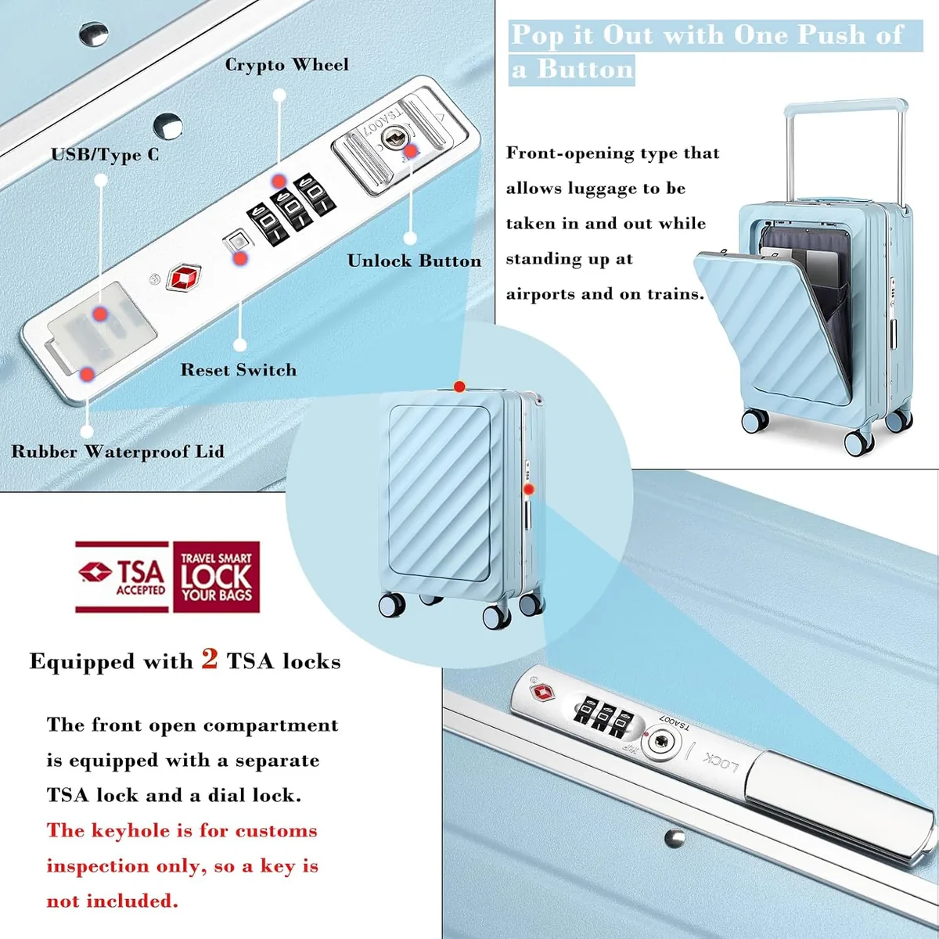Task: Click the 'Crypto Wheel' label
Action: click(286, 65)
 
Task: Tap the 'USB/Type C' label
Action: click(105, 155)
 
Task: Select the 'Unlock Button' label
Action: click(414, 261)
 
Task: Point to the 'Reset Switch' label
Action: click(239, 370)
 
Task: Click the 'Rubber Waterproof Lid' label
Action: click(117, 452)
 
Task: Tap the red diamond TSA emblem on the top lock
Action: click(184, 278)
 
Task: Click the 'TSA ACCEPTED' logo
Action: click(122, 577)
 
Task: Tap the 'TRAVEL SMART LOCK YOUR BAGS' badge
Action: click(216, 577)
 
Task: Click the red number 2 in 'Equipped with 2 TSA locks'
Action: click(210, 660)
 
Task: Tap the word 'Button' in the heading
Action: click(585, 70)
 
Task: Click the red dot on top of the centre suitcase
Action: click(459, 387)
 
